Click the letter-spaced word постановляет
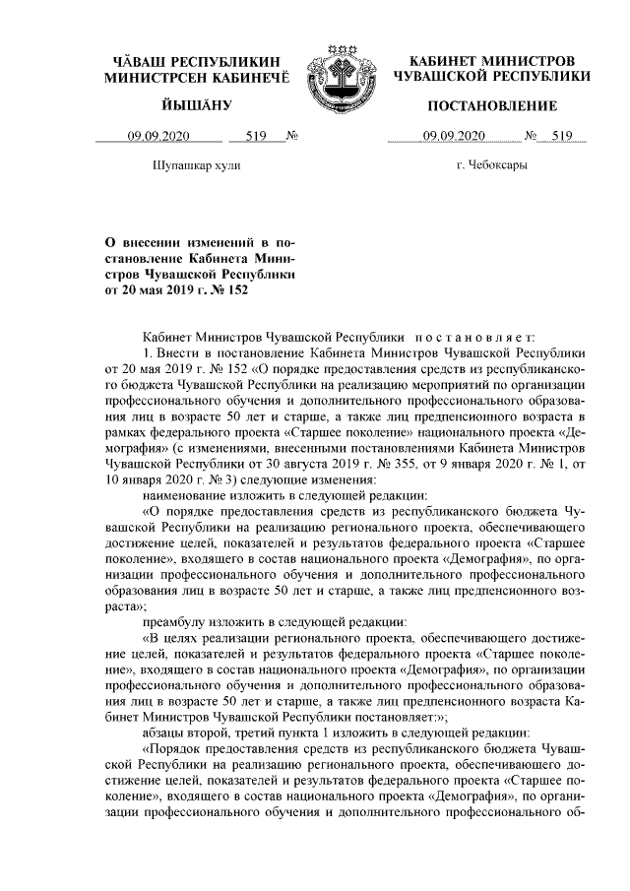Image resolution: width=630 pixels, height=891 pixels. [x=480, y=336]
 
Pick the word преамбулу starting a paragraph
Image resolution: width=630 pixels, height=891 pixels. [x=175, y=621]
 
